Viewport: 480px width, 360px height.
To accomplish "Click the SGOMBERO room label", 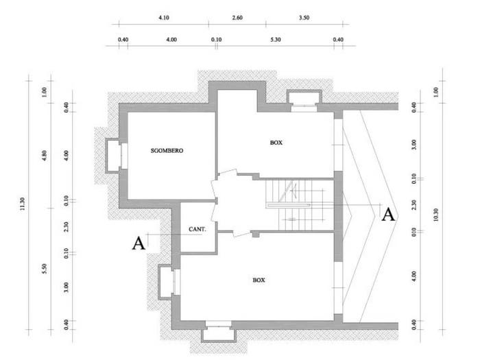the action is click(x=167, y=151).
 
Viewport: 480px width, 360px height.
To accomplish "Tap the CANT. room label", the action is click(x=197, y=229).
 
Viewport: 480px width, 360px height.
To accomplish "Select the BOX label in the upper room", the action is click(x=276, y=143).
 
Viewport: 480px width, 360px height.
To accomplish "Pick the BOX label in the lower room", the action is click(x=259, y=280).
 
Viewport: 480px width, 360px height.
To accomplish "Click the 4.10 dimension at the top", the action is click(x=164, y=18).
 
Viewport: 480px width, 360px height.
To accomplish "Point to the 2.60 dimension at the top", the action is click(x=237, y=18).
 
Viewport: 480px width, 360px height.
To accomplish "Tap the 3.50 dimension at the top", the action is click(x=304, y=18).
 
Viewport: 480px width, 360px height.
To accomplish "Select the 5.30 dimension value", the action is click(x=276, y=40).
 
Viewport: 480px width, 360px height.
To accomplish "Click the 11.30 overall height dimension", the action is click(x=22, y=204).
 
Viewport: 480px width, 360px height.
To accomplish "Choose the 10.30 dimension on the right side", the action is click(x=436, y=215).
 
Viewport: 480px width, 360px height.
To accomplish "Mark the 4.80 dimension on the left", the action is click(x=45, y=156).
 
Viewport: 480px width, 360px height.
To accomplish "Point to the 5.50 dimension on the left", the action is click(x=45, y=269).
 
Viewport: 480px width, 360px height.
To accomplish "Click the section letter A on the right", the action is click(x=388, y=214).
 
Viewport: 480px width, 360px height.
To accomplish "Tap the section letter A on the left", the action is click(x=139, y=243).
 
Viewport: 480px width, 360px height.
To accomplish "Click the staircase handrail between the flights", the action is click(x=288, y=205).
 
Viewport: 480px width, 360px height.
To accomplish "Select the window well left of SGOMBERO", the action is click(x=113, y=156).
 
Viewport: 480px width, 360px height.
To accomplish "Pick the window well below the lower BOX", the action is click(x=218, y=335).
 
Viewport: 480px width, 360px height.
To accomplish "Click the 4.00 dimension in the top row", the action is click(x=171, y=40).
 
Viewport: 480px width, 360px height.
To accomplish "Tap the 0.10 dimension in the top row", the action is click(x=217, y=40).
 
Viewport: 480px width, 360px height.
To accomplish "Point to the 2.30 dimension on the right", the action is click(x=414, y=205).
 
